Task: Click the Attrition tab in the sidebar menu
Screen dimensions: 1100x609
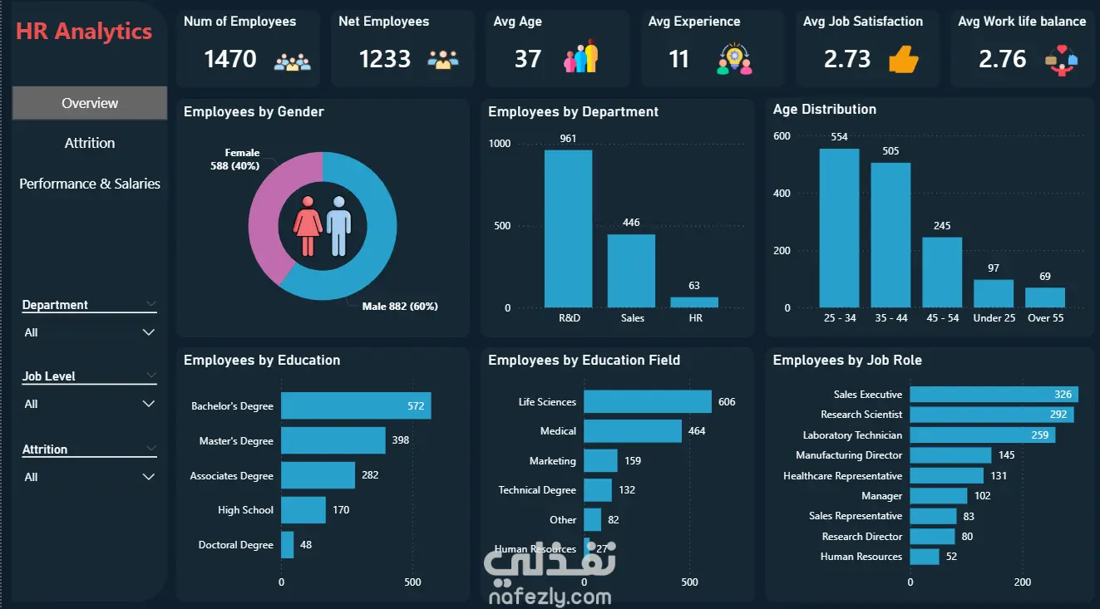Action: coord(89,143)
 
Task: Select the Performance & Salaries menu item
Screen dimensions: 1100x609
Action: coord(89,184)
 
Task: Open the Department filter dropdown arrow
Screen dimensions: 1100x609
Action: coord(148,332)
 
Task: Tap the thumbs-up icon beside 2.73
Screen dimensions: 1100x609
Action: coord(903,59)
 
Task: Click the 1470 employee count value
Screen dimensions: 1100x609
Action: coord(229,59)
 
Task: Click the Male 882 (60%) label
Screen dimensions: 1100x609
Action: coord(400,307)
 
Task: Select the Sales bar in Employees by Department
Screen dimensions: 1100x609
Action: coord(631,271)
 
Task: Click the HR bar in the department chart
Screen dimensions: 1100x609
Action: coord(694,302)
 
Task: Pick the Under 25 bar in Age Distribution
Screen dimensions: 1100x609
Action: coord(994,293)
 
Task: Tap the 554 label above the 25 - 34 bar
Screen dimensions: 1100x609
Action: coord(839,137)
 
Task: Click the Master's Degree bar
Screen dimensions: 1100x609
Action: coord(333,440)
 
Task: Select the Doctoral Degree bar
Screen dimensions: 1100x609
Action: coord(288,545)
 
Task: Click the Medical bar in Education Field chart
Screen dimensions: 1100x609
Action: coord(633,431)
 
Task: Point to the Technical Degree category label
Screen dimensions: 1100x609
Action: coord(537,490)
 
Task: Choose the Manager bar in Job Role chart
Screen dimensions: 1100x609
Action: coord(939,496)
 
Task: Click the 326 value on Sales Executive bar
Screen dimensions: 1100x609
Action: coord(1063,394)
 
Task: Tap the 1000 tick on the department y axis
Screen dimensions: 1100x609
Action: coord(500,143)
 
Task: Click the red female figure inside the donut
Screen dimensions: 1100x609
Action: coord(308,226)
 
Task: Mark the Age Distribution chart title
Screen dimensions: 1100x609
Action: coord(825,110)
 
